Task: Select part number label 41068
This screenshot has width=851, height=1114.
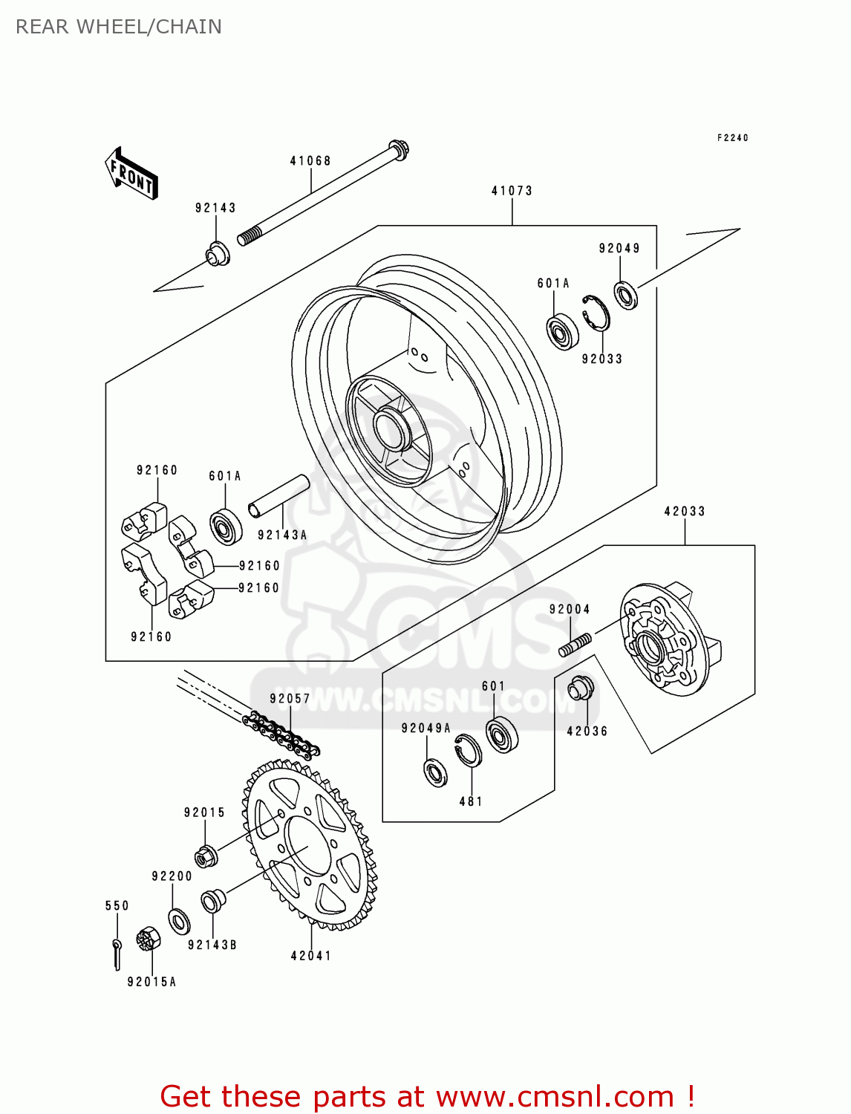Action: (x=310, y=161)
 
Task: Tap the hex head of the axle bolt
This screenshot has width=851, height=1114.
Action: (x=399, y=149)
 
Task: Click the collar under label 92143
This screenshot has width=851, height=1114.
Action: (x=218, y=255)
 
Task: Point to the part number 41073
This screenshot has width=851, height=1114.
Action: (x=512, y=191)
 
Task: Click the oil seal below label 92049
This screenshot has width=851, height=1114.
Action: (x=626, y=295)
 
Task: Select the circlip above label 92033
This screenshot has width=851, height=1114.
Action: (x=596, y=312)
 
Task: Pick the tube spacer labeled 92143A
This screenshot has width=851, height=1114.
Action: (x=278, y=495)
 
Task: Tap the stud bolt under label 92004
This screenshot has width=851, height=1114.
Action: (x=575, y=645)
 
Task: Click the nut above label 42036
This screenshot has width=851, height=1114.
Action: (x=581, y=689)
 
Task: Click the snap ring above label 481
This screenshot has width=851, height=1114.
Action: (x=468, y=750)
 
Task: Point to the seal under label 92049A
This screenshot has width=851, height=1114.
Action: (x=435, y=772)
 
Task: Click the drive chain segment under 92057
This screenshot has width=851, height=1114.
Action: (x=282, y=734)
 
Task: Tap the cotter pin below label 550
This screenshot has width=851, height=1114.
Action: (x=117, y=954)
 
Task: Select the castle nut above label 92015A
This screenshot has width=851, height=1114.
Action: (x=149, y=939)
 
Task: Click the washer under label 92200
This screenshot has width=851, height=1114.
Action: (x=179, y=922)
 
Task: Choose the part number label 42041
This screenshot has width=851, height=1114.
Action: (x=310, y=956)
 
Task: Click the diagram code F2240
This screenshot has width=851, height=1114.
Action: (x=732, y=138)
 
